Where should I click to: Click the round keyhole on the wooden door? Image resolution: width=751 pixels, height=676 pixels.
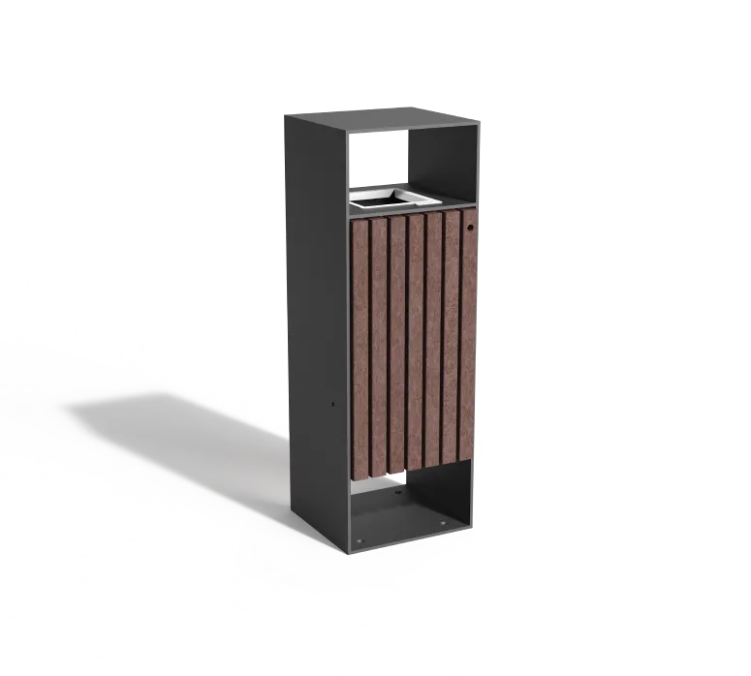pos(469,229)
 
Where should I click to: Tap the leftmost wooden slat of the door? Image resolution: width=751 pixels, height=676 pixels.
pos(360,349)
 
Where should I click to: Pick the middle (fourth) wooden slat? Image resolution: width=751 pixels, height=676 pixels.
pos(416,344)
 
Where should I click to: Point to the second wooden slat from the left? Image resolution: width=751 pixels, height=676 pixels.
pos(379,347)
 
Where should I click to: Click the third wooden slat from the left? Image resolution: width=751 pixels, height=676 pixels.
pos(397,346)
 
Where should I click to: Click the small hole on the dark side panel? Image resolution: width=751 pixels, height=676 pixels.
pos(332,402)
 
